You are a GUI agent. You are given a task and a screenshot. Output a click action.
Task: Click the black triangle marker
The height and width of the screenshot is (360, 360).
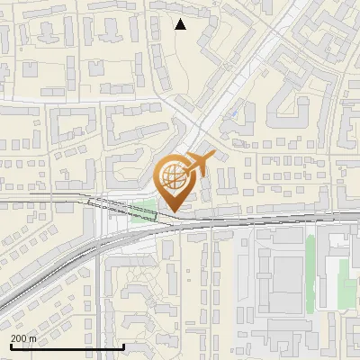181,24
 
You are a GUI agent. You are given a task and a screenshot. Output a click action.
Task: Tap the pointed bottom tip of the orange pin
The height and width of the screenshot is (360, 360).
173,211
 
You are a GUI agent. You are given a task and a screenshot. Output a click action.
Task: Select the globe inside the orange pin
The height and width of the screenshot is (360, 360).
173,176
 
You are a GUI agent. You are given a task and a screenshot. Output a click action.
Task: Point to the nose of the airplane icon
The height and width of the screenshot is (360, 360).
213,157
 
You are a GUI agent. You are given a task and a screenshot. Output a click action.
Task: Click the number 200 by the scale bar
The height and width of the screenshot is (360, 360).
20,338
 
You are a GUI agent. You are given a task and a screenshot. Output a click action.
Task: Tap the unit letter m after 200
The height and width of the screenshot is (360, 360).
33,338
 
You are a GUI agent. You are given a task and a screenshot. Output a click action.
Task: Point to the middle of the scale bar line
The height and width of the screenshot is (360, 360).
67,346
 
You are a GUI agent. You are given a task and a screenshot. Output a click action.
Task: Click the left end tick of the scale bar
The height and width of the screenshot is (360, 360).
10,345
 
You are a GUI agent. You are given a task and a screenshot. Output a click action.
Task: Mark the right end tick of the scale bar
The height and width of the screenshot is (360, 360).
123,345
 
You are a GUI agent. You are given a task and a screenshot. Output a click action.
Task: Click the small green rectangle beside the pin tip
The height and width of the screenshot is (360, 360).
143,212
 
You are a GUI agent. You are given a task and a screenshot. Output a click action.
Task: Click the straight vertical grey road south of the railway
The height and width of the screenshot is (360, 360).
100,306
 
